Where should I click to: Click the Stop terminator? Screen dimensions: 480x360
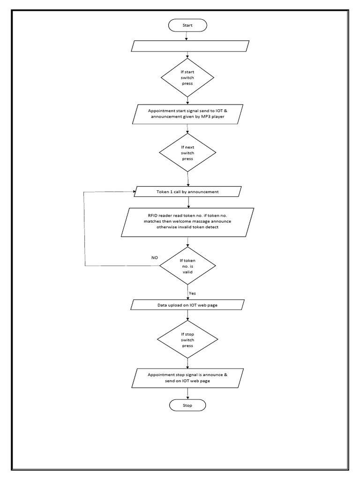click(x=187, y=405)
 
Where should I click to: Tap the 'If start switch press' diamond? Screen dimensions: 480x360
click(x=187, y=77)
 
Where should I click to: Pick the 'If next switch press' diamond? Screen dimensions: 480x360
click(x=187, y=152)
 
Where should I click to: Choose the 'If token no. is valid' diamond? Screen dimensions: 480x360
click(x=187, y=266)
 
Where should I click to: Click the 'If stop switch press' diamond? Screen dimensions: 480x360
click(x=187, y=340)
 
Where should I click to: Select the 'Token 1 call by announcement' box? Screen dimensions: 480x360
click(x=187, y=192)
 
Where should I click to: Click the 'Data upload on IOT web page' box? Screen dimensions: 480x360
click(x=187, y=305)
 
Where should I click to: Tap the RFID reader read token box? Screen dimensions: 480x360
click(x=187, y=221)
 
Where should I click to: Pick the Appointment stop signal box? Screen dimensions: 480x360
click(x=188, y=378)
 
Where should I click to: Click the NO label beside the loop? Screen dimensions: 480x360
click(x=155, y=258)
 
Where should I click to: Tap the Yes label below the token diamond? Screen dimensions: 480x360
click(x=192, y=293)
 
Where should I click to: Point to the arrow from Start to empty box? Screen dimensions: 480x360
click(x=187, y=36)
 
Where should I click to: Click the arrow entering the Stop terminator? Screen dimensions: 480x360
click(x=187, y=394)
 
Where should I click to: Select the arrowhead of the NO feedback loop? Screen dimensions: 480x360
click(x=134, y=192)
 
